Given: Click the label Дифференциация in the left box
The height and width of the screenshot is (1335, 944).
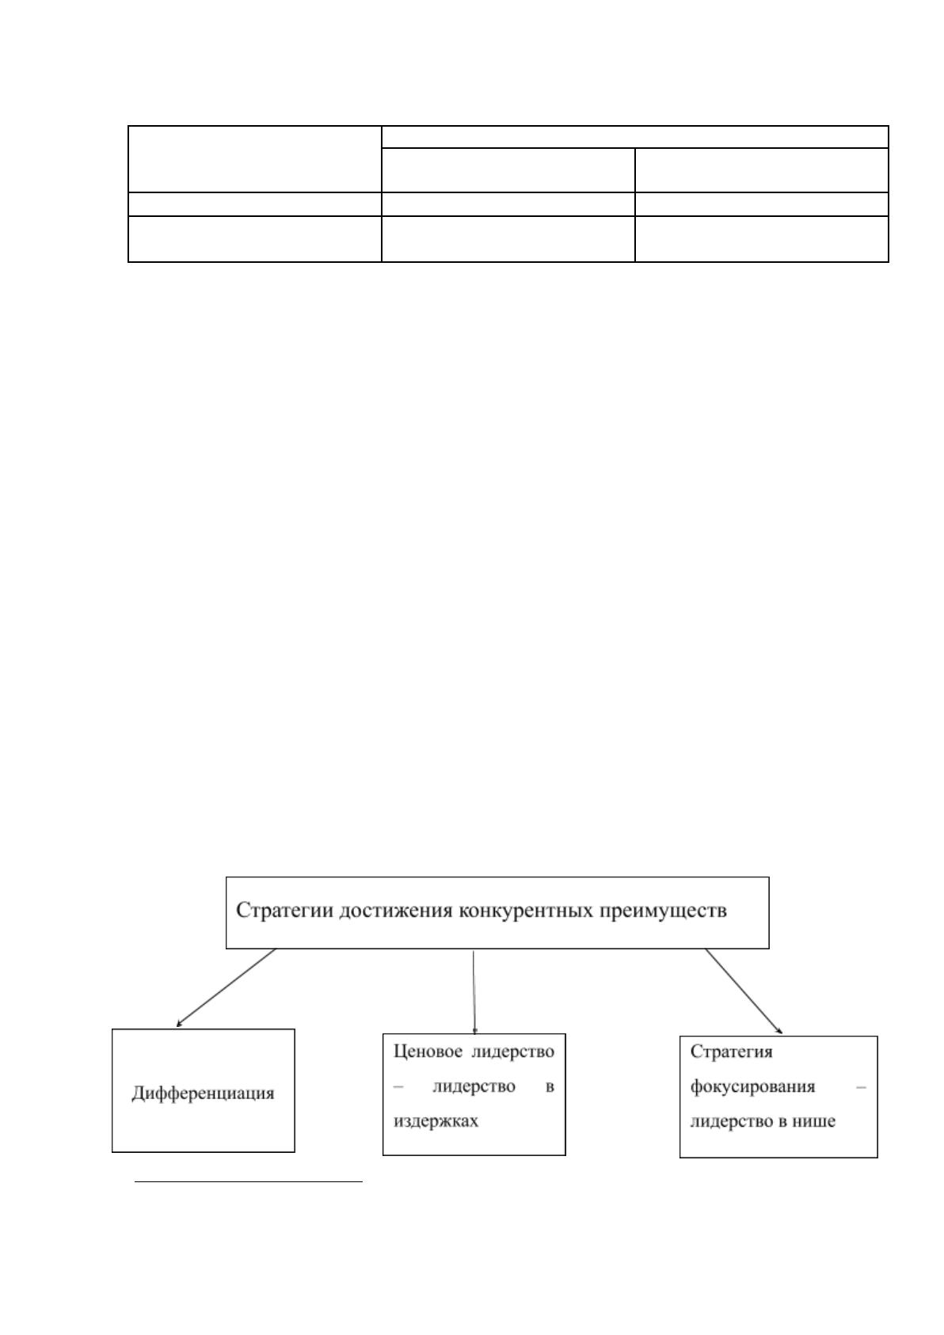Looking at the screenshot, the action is tap(204, 1093).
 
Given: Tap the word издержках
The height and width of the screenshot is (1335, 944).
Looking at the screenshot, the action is tap(436, 1121).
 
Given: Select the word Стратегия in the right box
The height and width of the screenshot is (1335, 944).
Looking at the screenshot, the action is tap(731, 1052).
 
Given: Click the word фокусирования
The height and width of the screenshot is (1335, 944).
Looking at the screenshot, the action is tap(752, 1086).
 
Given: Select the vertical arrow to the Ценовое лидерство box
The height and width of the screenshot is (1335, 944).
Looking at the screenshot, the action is tap(474, 991).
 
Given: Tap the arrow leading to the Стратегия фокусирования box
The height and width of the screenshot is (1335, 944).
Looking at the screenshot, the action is tap(744, 991).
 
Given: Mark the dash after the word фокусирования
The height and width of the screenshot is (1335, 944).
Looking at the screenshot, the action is tap(861, 1087).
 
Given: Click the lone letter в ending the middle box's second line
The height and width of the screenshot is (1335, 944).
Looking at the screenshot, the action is tap(550, 1087).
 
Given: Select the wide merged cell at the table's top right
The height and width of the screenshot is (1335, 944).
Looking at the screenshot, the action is tap(634, 137).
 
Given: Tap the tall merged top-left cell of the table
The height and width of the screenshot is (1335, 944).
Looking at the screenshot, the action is tap(255, 159).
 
